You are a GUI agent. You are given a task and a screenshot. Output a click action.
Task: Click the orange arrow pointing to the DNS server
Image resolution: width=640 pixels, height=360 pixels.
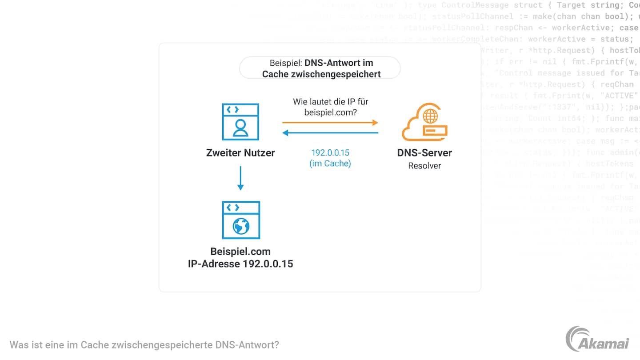[x=330, y=122]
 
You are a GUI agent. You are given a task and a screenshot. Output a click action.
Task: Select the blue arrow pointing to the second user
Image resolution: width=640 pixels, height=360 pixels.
[x=330, y=132]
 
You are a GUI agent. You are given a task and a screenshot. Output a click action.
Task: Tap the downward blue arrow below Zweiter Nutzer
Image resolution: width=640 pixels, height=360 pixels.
[x=240, y=178]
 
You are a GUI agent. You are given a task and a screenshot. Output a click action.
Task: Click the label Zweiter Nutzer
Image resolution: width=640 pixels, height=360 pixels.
[x=240, y=153]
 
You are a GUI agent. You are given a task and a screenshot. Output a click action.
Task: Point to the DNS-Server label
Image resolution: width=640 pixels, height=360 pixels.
[x=424, y=153]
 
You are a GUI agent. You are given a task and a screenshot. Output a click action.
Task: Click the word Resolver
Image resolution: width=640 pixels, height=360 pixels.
[x=424, y=166]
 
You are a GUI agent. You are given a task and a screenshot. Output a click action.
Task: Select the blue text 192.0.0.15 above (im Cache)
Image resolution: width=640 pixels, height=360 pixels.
[x=330, y=153]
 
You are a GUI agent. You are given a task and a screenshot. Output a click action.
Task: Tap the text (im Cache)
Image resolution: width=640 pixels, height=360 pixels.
[x=330, y=164]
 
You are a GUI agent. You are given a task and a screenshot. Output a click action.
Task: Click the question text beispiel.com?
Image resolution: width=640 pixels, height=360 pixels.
[x=330, y=112]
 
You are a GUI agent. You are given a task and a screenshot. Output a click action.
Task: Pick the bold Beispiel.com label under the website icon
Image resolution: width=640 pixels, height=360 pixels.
[x=240, y=252]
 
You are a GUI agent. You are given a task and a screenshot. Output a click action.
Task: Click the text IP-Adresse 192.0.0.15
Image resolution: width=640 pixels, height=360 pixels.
[x=240, y=264]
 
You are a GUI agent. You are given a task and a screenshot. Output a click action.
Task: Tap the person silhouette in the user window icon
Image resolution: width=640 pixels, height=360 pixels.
[x=240, y=128]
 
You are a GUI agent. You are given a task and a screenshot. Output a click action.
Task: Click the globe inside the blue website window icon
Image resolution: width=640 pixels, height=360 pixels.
[x=241, y=226]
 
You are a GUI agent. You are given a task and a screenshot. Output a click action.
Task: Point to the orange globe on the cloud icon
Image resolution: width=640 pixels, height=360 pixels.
[x=430, y=116]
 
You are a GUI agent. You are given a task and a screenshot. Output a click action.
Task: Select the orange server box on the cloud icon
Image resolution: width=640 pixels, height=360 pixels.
[x=434, y=131]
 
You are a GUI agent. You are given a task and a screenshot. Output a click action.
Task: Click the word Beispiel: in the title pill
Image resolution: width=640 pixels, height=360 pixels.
[x=286, y=63]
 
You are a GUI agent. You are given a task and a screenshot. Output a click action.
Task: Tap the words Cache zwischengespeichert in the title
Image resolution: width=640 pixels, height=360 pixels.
[x=321, y=74]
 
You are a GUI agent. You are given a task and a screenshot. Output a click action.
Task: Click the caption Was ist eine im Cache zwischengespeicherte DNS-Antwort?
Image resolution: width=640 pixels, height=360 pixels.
[x=144, y=345]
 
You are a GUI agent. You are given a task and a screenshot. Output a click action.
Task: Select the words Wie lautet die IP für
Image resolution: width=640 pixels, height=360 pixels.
[x=330, y=102]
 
